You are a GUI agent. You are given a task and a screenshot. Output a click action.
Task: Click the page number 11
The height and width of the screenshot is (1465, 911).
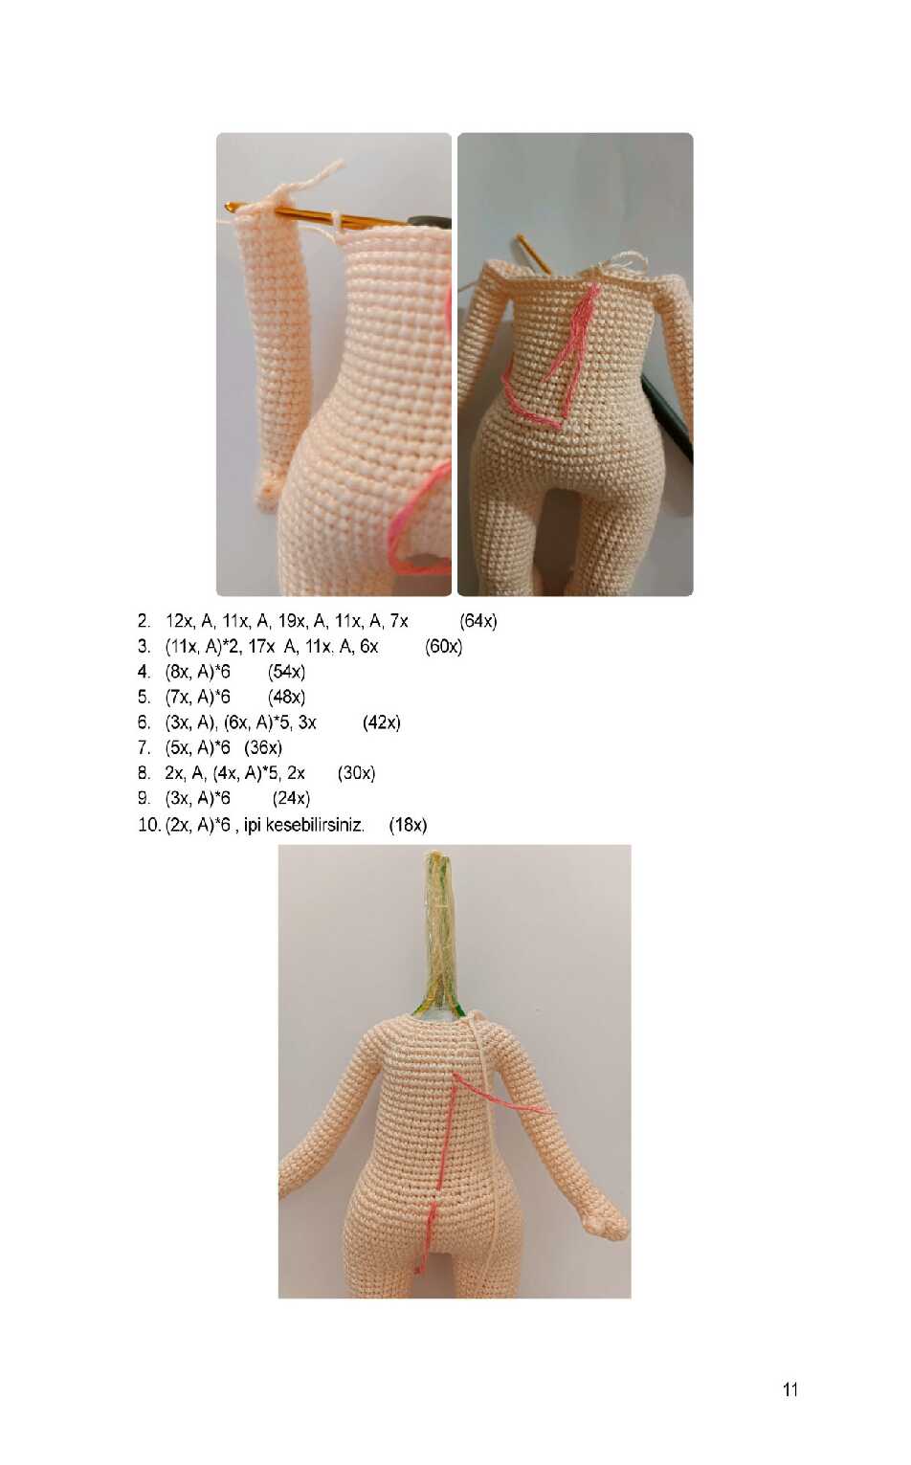tap(790, 1389)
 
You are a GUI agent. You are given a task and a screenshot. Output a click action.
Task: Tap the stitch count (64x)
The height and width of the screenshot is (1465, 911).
tap(478, 621)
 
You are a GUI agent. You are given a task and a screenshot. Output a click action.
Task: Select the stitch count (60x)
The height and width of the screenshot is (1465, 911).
tap(443, 646)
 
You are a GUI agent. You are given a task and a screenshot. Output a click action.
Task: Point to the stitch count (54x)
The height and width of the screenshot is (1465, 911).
tap(286, 672)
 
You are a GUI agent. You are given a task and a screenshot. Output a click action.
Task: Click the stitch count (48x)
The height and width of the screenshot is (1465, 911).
tap(286, 698)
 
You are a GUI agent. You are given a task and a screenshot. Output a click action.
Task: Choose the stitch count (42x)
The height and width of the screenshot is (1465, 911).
tap(381, 722)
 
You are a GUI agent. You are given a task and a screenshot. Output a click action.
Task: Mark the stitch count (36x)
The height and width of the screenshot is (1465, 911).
tap(263, 747)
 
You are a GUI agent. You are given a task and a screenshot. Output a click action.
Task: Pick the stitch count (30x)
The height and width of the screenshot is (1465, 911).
tap(356, 773)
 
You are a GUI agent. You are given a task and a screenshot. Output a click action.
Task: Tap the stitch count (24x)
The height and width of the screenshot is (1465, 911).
tap(291, 799)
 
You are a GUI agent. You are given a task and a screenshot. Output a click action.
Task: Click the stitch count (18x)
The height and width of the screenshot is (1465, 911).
tap(408, 825)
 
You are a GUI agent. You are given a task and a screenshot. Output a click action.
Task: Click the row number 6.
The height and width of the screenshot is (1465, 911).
tap(144, 722)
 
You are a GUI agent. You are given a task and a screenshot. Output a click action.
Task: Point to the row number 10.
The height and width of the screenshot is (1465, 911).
tap(149, 825)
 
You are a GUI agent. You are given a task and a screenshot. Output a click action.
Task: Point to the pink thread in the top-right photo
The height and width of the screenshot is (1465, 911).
tap(556, 360)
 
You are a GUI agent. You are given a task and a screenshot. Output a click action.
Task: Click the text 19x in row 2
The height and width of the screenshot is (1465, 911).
tap(289, 621)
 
